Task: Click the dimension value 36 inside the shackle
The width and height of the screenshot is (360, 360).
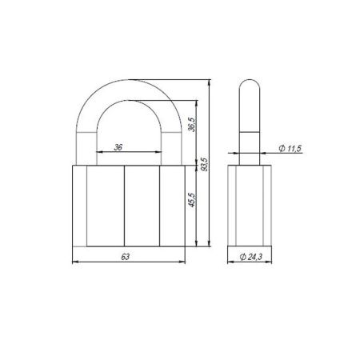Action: pos(118,146)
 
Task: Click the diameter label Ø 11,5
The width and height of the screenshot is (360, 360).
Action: pos(289,149)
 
